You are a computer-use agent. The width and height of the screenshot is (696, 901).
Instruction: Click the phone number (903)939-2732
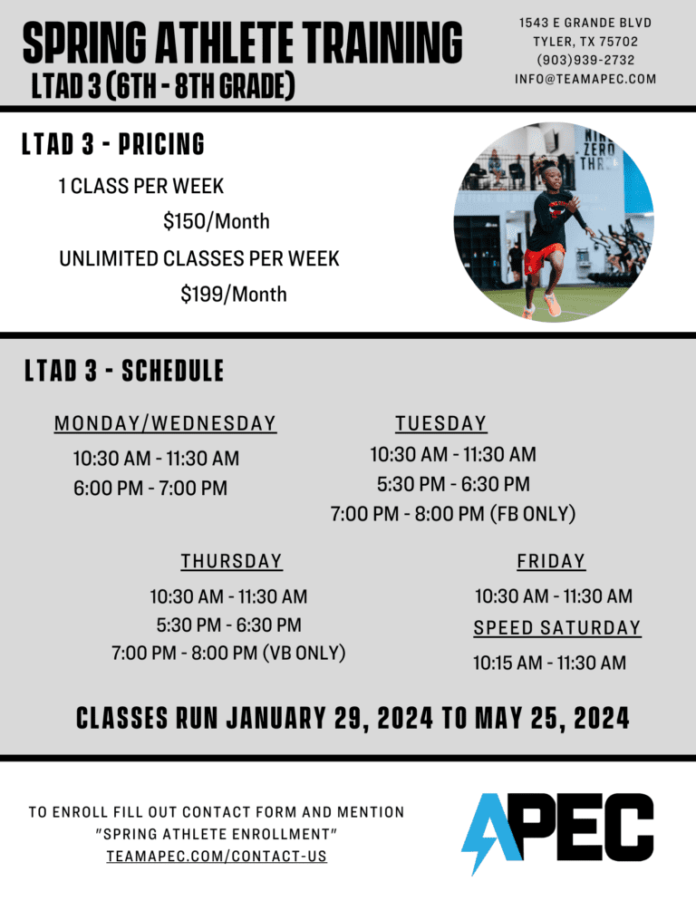tap(585, 60)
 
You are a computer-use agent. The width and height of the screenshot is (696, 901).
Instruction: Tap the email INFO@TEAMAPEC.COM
tap(585, 79)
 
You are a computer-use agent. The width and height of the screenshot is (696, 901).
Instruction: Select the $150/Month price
tap(216, 221)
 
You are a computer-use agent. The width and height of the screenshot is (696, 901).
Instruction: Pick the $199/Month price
tap(233, 294)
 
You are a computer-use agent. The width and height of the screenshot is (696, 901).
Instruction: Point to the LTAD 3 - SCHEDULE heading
tap(124, 371)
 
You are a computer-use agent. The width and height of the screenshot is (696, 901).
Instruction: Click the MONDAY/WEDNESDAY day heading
tap(165, 423)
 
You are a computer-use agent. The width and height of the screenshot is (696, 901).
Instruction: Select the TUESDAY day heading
tap(440, 423)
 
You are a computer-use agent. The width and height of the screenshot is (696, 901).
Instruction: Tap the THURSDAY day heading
tap(231, 561)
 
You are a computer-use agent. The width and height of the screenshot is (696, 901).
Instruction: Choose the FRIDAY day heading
tap(551, 561)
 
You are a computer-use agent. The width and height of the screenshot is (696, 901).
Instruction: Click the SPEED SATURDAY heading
tap(556, 627)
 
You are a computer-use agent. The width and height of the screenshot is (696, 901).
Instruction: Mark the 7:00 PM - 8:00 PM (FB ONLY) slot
tap(453, 514)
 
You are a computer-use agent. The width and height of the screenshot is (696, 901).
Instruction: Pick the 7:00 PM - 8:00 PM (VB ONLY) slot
tap(228, 653)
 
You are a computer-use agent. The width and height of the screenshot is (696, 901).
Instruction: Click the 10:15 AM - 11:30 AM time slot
tap(549, 663)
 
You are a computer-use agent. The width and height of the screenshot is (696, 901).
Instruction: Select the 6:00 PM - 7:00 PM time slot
tap(150, 489)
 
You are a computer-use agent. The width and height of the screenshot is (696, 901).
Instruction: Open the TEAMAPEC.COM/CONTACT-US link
tap(216, 856)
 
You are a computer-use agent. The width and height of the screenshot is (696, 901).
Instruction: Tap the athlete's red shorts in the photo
tap(545, 259)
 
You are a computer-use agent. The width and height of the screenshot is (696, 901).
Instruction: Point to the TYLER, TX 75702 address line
tap(585, 41)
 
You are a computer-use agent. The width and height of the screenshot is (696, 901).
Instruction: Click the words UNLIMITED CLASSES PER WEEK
tap(199, 258)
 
